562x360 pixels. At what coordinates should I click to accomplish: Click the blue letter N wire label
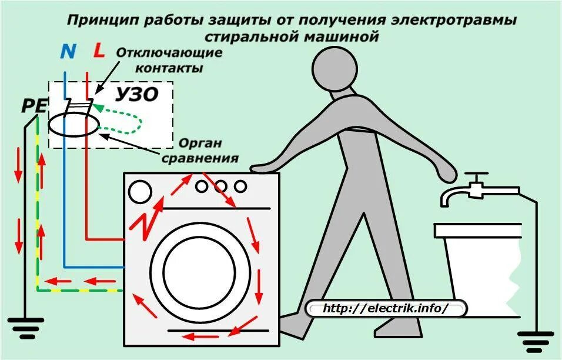(68, 52)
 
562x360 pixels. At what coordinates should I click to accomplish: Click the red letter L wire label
(99, 51)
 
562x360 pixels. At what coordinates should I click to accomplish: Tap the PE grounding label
(34, 106)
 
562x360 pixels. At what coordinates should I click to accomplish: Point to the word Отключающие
(169, 53)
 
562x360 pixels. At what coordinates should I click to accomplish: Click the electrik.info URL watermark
(386, 308)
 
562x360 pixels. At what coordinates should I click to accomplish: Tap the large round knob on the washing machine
(139, 191)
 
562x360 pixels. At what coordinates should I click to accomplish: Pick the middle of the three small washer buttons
(220, 186)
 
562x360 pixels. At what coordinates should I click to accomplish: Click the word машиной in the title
(344, 36)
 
